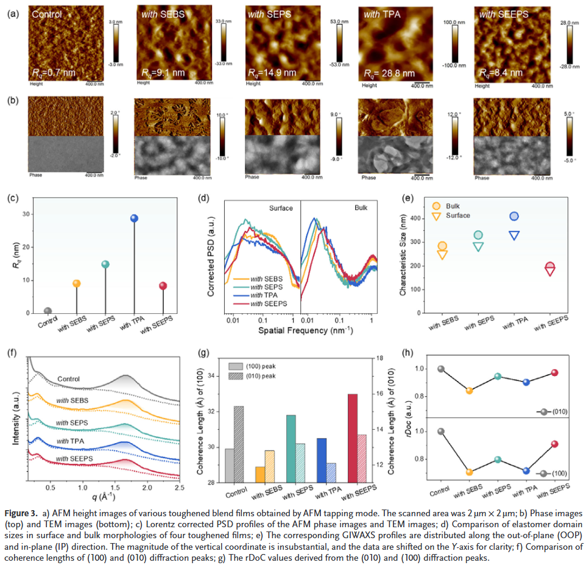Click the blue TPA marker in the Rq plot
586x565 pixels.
click(x=135, y=218)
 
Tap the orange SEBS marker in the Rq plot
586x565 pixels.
click(x=76, y=283)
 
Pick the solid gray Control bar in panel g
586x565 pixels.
click(x=230, y=466)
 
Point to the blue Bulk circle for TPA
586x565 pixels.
click(x=514, y=216)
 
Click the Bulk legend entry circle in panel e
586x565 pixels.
click(x=437, y=207)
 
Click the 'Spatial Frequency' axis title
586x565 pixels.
click(x=286, y=330)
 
